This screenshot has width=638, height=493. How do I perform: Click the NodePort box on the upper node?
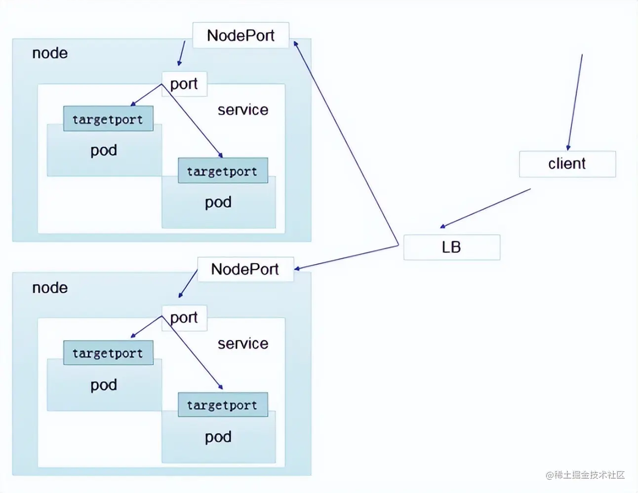pos(240,35)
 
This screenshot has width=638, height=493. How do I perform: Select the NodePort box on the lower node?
pos(245,269)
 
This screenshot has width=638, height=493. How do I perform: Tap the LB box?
pos(451,247)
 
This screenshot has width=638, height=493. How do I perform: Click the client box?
pos(567,164)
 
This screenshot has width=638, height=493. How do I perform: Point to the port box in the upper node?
pos(184,84)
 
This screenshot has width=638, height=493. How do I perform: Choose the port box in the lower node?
pos(184,317)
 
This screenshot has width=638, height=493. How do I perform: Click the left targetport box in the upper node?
pos(108,119)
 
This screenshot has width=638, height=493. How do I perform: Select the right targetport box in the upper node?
pos(223,171)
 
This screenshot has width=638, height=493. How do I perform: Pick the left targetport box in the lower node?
pos(108,353)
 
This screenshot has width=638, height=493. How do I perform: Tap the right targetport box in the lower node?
pos(223,405)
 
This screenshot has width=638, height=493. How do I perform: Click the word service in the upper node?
pos(243,110)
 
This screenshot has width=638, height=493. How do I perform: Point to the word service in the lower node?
pos(243,344)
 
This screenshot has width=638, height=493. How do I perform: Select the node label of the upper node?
pos(50,53)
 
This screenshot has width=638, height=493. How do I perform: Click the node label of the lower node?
pos(50,288)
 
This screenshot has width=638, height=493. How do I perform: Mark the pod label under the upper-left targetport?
pos(104,150)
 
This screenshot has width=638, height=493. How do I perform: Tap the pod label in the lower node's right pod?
pos(218,437)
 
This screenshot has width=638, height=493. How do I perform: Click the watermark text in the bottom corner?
pos(585,475)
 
